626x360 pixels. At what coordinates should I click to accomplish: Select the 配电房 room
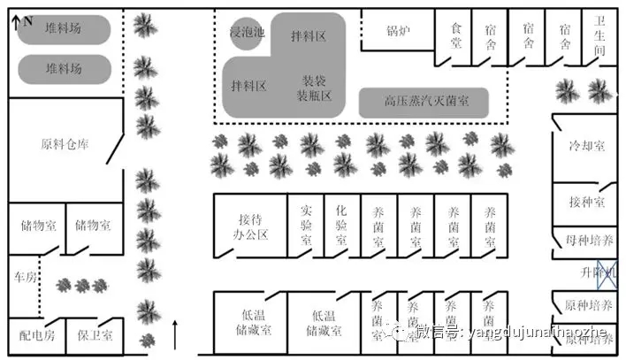tap(37, 335)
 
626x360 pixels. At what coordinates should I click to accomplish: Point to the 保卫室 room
tap(94, 335)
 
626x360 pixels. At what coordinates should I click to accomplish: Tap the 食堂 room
tap(456, 36)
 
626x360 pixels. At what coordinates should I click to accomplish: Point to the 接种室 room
tap(586, 203)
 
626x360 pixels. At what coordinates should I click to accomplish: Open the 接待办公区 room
tap(252, 226)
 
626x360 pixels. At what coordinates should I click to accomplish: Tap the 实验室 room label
tap(306, 225)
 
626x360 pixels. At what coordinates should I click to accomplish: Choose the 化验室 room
tap(341, 225)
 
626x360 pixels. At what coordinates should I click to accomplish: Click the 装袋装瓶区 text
tap(316, 87)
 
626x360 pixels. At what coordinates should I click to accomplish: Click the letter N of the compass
tap(28, 19)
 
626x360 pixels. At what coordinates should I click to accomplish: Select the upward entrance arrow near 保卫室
tap(179, 334)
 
